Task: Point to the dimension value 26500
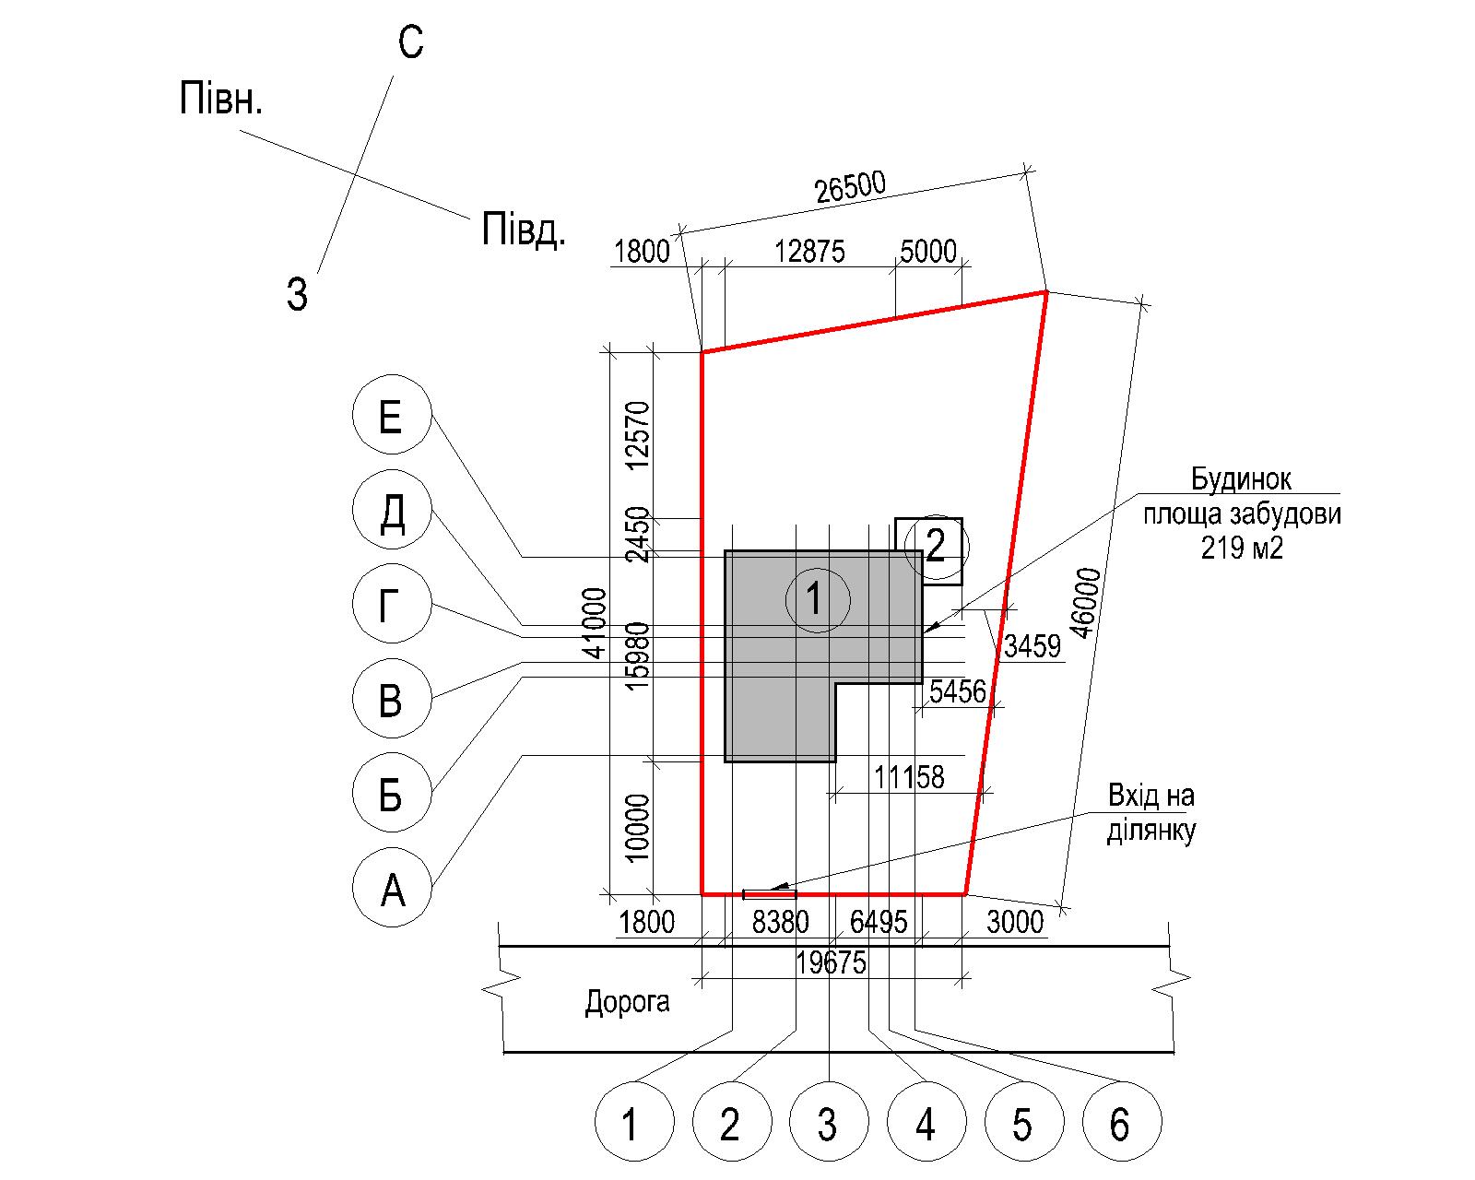[851, 186]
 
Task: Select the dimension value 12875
[809, 252]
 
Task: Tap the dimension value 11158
[909, 777]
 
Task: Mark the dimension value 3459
[1032, 646]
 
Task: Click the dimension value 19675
[831, 962]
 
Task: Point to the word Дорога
[627, 1002]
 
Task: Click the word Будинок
[1241, 478]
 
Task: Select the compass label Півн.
[220, 98]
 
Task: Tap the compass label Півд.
[524, 229]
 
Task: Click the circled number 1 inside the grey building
[817, 599]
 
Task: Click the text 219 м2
[1241, 548]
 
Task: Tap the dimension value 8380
[780, 922]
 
